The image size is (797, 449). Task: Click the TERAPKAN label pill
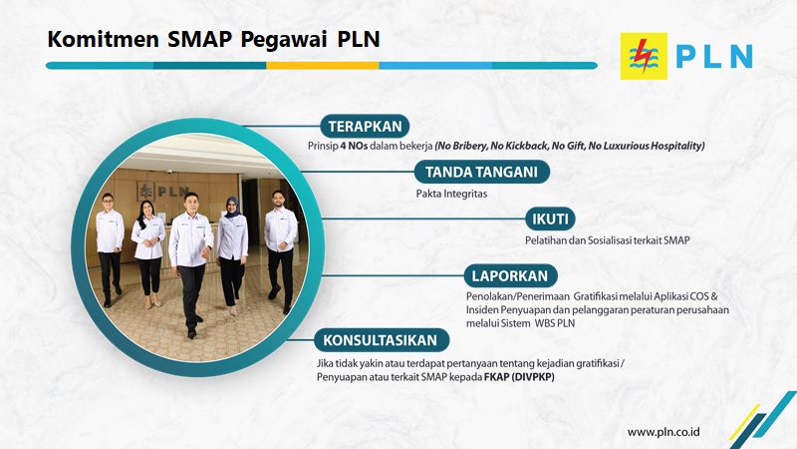click(x=365, y=127)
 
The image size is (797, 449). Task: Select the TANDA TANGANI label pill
click(x=482, y=172)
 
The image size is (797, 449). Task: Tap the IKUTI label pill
click(x=550, y=219)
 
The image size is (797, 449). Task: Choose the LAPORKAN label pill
click(x=510, y=276)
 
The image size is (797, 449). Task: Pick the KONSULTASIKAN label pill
click(x=382, y=340)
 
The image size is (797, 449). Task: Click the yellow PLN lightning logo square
click(x=644, y=56)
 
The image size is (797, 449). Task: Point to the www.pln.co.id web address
click(x=664, y=432)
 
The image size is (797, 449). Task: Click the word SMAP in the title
click(x=199, y=39)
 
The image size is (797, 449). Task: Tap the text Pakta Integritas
click(x=451, y=194)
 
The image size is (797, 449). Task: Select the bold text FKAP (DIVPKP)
click(x=519, y=377)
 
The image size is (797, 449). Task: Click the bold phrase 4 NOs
click(x=354, y=146)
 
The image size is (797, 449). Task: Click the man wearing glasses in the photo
click(x=110, y=250)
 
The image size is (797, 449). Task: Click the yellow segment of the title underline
click(x=322, y=66)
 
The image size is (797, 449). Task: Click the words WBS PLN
click(x=555, y=323)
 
